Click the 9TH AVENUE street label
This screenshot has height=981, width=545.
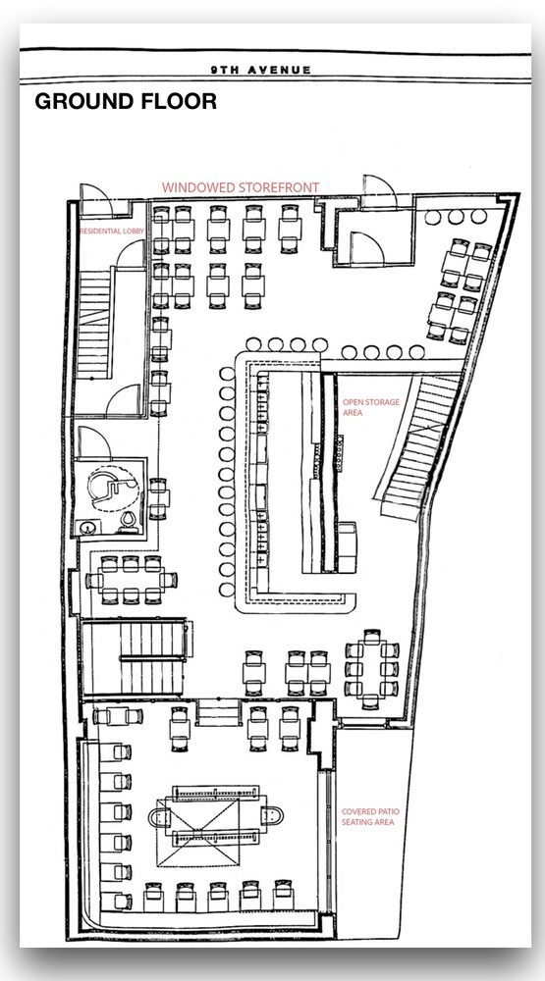point(260,70)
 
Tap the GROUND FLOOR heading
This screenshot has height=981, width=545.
point(126,101)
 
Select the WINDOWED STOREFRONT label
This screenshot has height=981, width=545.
point(241,187)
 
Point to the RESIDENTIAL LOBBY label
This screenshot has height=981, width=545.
point(112,231)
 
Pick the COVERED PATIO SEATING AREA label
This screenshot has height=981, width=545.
point(370,816)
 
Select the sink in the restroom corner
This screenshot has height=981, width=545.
point(86,528)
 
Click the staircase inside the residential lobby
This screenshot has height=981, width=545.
point(94,324)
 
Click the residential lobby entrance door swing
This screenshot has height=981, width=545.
point(96,199)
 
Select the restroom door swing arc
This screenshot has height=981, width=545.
point(94,442)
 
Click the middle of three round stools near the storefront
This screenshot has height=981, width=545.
point(456,217)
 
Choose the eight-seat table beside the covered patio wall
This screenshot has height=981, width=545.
point(371,669)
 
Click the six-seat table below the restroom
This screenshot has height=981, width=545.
point(131,580)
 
